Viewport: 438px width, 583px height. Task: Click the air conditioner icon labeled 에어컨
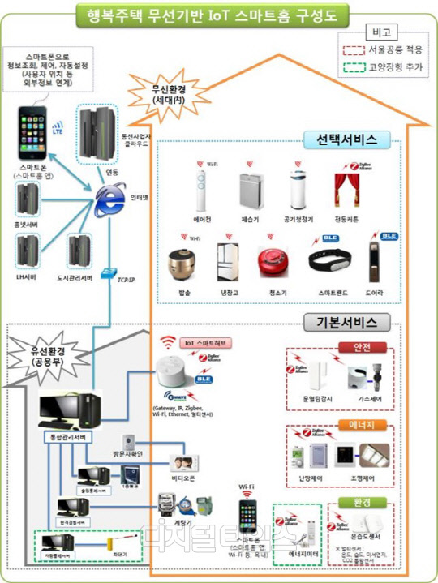point(199,191)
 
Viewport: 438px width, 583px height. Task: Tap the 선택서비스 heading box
point(341,139)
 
